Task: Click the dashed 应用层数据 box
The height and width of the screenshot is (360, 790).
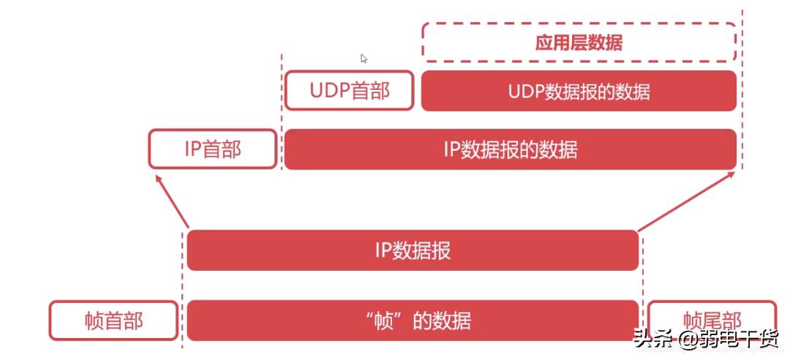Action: [x=579, y=42]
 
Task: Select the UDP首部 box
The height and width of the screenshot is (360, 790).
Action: [x=350, y=91]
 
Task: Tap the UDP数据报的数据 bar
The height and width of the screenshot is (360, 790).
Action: [x=579, y=91]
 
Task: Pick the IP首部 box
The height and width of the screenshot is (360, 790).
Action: [x=213, y=149]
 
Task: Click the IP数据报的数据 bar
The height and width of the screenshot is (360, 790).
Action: [x=510, y=149]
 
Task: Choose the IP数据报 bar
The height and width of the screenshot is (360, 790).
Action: [x=413, y=250]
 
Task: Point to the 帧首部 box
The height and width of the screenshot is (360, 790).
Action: [x=113, y=320]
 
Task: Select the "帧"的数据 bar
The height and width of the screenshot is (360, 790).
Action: [x=413, y=320]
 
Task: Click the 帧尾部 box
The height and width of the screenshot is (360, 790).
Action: [x=712, y=320]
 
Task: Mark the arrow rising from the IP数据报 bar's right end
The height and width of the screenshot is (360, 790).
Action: [x=686, y=201]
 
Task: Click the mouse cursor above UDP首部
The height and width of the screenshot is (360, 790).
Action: [x=364, y=59]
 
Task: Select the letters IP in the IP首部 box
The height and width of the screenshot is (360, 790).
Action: [x=192, y=149]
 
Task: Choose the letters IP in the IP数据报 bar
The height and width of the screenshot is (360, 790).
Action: [x=383, y=250]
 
